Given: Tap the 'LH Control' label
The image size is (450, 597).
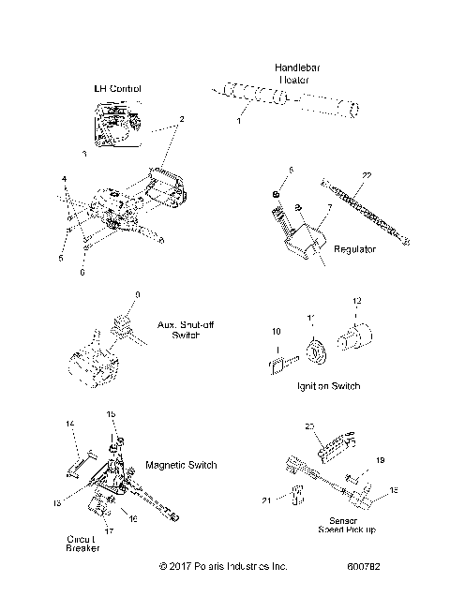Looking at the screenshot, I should pos(118,89).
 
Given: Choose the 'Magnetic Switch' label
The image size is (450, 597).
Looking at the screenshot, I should pos(182,465).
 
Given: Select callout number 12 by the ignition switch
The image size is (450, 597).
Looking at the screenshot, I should pos(355,326).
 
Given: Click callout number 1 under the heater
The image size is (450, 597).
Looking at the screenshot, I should pos(238,122).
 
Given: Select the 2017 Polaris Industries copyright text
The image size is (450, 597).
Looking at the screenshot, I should pos(223,566).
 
